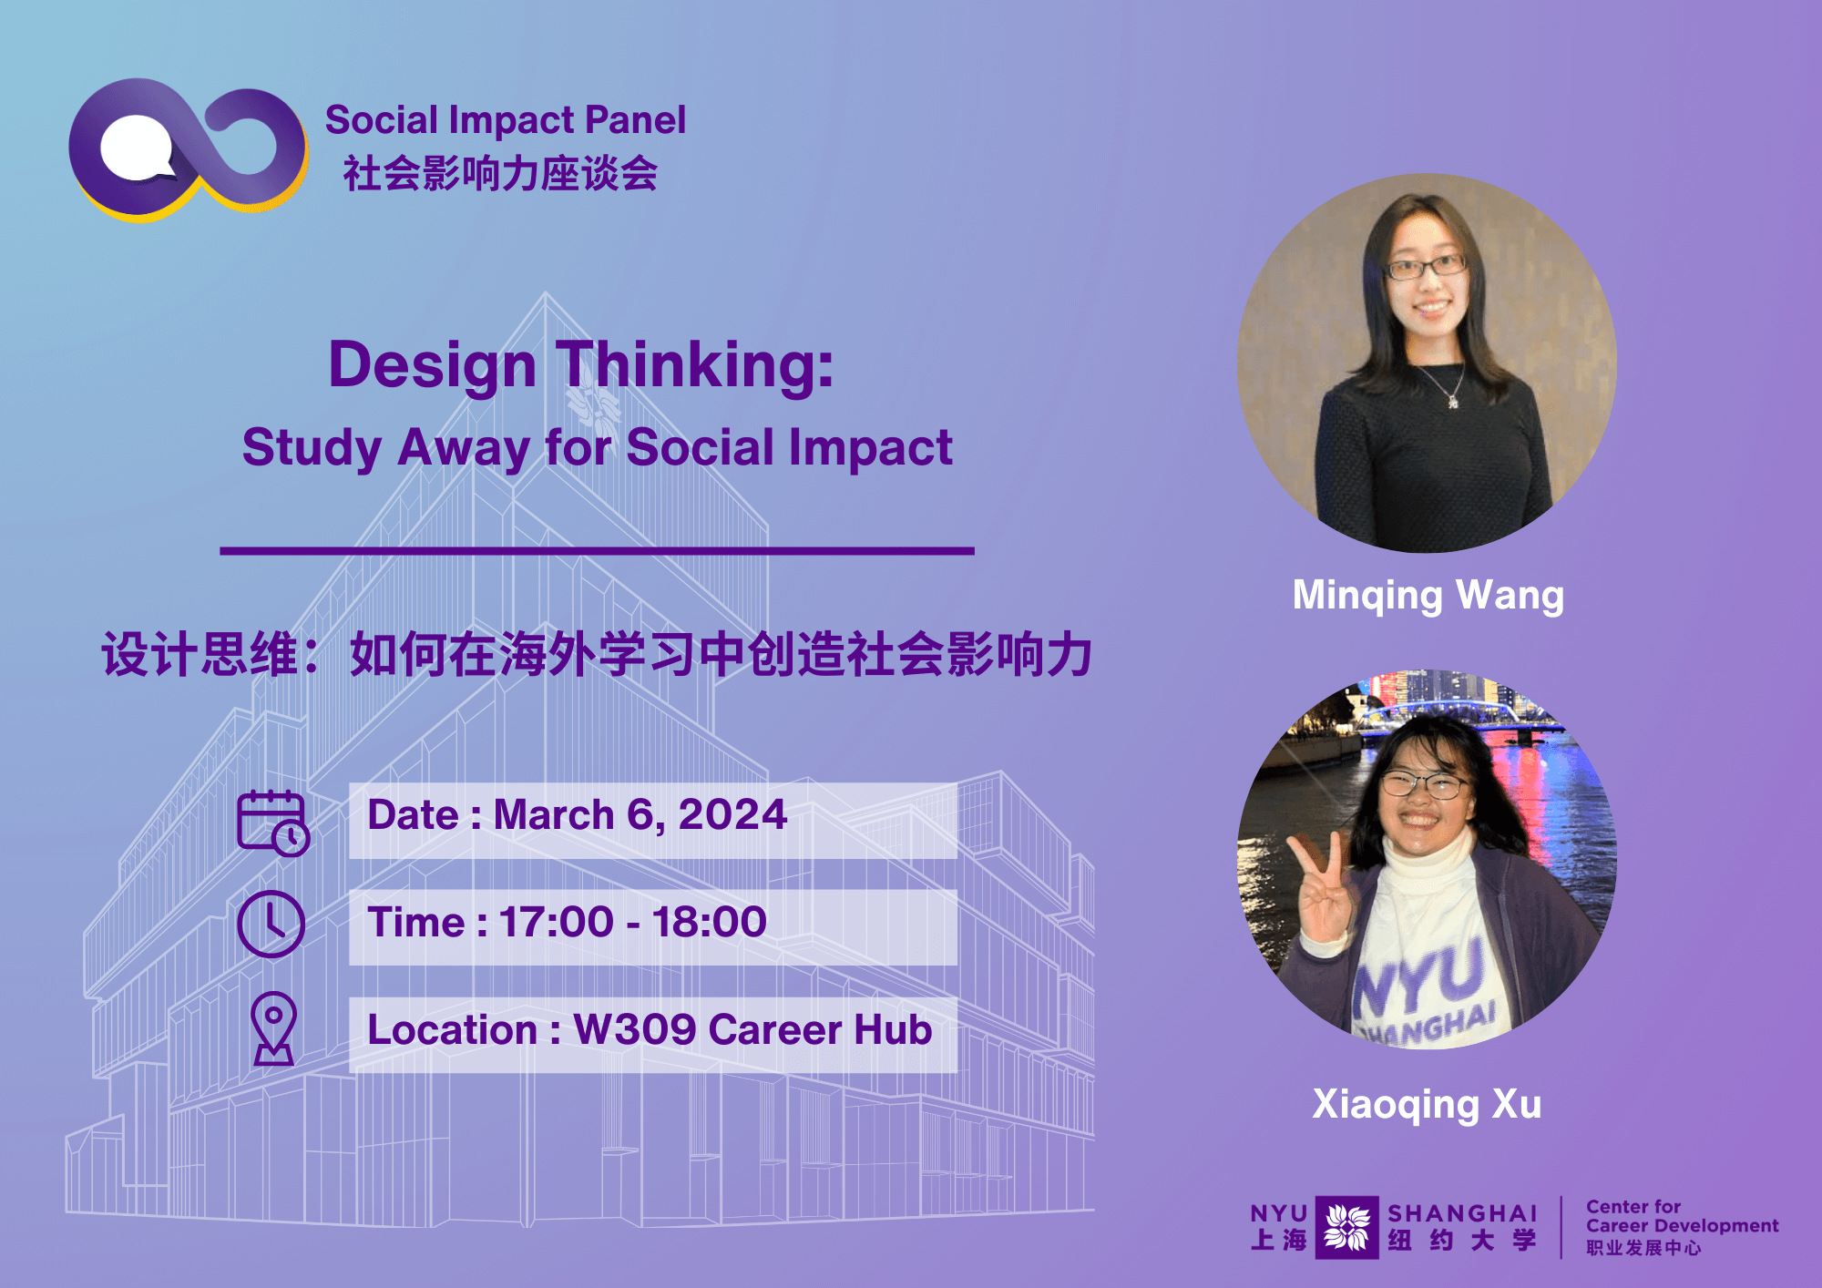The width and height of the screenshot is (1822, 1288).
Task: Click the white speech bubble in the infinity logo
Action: pyautogui.click(x=137, y=148)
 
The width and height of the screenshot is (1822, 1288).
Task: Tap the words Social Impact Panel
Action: pyautogui.click(x=506, y=120)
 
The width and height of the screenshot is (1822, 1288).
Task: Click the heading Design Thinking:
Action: pyautogui.click(x=581, y=364)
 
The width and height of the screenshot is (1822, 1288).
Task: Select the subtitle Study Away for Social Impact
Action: pyautogui.click(x=597, y=447)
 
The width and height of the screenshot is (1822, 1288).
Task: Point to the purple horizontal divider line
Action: pyautogui.click(x=597, y=550)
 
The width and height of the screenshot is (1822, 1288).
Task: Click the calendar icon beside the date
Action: pyautogui.click(x=273, y=823)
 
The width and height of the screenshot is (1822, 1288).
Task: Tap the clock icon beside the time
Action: pyautogui.click(x=271, y=924)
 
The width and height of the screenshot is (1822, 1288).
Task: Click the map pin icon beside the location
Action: pyautogui.click(x=273, y=1028)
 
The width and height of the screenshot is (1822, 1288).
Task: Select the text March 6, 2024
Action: pyautogui.click(x=640, y=814)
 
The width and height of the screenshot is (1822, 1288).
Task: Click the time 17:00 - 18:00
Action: pyautogui.click(x=633, y=922)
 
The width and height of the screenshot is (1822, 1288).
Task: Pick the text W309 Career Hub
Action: pyautogui.click(x=752, y=1029)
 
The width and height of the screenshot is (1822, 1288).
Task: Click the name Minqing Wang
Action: pyautogui.click(x=1428, y=596)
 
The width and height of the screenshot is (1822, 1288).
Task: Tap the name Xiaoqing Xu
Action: pyautogui.click(x=1427, y=1104)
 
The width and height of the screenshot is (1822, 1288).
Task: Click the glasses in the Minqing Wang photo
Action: pyautogui.click(x=1427, y=267)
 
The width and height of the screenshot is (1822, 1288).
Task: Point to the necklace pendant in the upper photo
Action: pyautogui.click(x=1453, y=401)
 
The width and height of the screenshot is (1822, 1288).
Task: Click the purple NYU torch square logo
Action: pyautogui.click(x=1346, y=1227)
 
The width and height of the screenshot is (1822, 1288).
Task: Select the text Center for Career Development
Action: pyautogui.click(x=1682, y=1216)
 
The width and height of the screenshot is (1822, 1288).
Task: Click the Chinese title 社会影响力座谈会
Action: pyautogui.click(x=500, y=173)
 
